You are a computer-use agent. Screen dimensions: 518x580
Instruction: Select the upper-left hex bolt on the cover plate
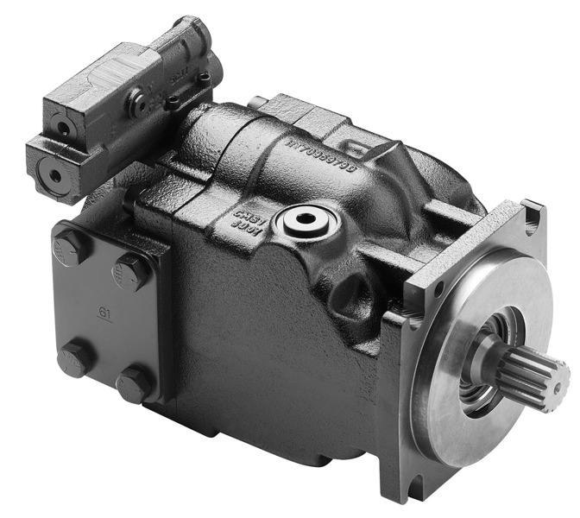coord(71,245)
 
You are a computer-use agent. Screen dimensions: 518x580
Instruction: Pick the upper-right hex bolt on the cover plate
coord(131,272)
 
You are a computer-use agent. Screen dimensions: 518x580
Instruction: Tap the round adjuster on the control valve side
coord(137,104)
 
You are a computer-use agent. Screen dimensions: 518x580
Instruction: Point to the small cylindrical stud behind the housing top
coord(257,103)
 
